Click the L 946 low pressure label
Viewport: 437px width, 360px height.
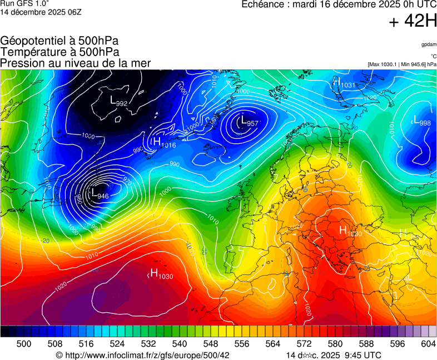coord(100,195)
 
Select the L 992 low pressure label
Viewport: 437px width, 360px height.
coord(118,102)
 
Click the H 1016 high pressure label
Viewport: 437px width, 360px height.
coord(165,143)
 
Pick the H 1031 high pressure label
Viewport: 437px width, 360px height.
coord(344,83)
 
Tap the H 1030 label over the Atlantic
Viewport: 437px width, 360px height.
coord(162,274)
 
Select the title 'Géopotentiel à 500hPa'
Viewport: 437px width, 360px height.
coord(59,41)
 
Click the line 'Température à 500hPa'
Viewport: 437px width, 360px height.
coord(59,52)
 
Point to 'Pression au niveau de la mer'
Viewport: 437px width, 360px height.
coord(76,63)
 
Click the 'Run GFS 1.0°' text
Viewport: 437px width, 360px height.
coord(24,3)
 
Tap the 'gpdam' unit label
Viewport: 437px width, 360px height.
coord(428,44)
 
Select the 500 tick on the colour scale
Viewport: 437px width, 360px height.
coord(24,344)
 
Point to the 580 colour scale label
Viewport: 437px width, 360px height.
coord(335,344)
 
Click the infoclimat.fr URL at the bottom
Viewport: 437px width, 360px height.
coord(143,355)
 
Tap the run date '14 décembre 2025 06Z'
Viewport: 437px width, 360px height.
coord(41,12)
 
